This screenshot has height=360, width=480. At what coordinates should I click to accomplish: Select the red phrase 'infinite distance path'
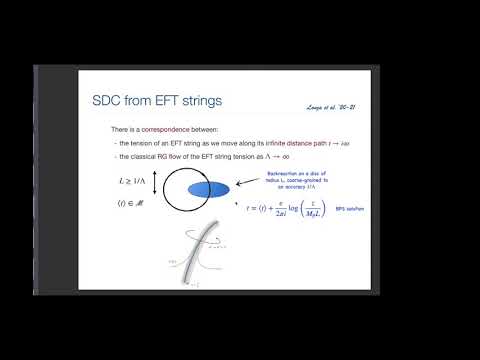[292, 145]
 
